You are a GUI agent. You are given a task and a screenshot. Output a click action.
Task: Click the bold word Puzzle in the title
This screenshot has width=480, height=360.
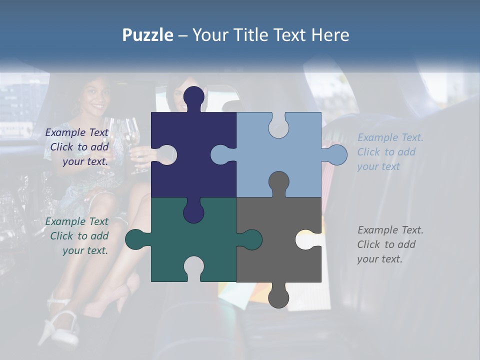pos(148,35)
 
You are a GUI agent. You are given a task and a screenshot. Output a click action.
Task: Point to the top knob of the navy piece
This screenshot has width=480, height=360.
pos(194,97)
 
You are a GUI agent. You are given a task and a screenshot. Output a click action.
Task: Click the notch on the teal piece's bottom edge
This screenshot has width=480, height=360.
pos(194,267)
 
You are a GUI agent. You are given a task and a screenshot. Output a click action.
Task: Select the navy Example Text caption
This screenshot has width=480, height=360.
pos(77,147)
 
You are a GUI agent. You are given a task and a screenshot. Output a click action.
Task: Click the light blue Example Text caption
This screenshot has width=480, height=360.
pos(390,152)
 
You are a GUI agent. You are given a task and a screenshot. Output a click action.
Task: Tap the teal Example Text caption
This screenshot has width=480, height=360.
pos(77,236)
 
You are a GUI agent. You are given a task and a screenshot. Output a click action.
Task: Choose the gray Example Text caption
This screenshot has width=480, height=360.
pos(390,244)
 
